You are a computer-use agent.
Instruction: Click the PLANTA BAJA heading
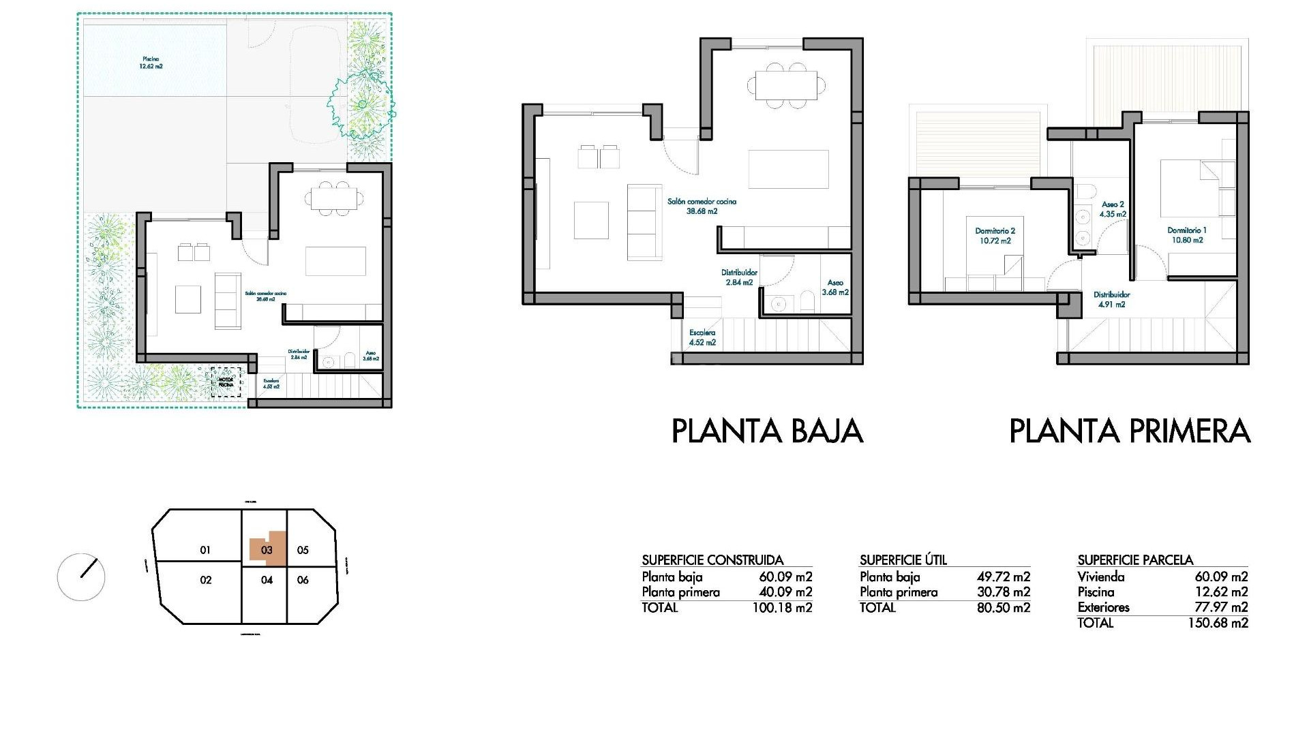pyautogui.click(x=767, y=431)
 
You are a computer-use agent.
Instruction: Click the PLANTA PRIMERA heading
pyautogui.click(x=1129, y=431)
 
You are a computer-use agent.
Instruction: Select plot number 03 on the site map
pyautogui.click(x=267, y=550)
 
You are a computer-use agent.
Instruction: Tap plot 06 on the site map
pyautogui.click(x=303, y=580)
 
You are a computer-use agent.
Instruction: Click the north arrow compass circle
pyautogui.click(x=81, y=577)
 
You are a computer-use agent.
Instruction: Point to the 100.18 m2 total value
pyautogui.click(x=782, y=608)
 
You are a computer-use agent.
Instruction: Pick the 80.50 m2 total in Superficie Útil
pyautogui.click(x=1003, y=608)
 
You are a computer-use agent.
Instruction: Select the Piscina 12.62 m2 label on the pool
pyautogui.click(x=151, y=63)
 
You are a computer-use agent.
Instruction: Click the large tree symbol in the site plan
pyautogui.click(x=361, y=104)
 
